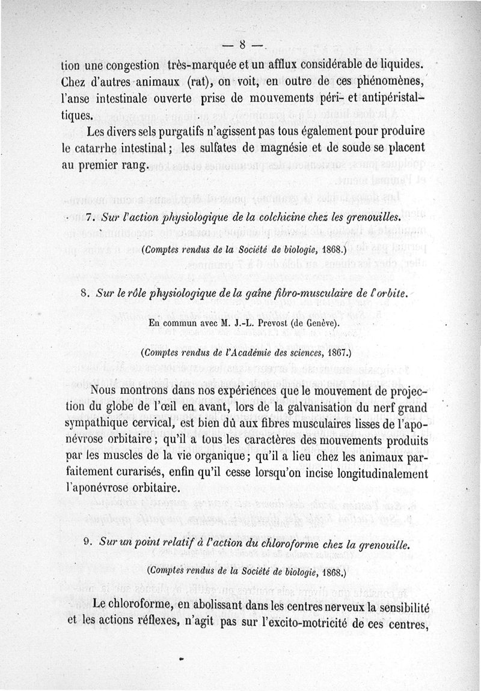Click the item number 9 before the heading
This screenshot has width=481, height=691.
88,546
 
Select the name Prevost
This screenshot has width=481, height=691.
259,324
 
